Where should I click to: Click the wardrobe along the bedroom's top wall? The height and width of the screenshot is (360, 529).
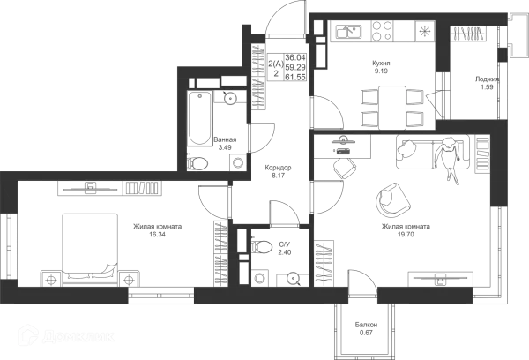[110, 188]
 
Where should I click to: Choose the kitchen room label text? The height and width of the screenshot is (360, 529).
[380, 65]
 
